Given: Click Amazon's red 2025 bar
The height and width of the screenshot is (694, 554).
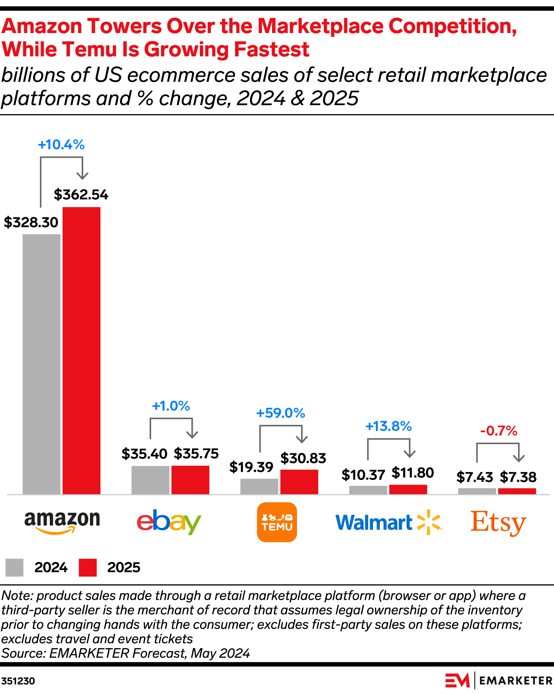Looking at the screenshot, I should (x=81, y=350).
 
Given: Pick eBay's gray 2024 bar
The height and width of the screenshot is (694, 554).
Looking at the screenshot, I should (x=150, y=480).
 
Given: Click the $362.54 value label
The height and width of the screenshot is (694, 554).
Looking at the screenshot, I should (x=81, y=195).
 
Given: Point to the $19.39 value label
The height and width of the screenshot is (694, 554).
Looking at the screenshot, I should (x=251, y=467).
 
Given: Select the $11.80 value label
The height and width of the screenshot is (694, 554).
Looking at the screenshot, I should (x=412, y=473).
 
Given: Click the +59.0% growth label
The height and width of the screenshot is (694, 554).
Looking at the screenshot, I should (x=281, y=413).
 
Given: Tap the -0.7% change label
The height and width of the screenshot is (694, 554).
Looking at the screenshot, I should (x=499, y=431).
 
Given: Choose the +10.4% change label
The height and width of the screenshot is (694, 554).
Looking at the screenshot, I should (x=61, y=145).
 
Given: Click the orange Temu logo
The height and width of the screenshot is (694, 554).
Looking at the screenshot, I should (x=277, y=522).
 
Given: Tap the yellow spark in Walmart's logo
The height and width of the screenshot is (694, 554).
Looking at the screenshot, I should (x=428, y=522).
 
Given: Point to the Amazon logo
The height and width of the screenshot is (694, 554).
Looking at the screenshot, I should (x=62, y=522).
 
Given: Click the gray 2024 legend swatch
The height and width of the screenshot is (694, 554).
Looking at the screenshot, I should (x=14, y=567).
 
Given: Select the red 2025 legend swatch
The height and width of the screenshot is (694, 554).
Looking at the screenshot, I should (x=87, y=567).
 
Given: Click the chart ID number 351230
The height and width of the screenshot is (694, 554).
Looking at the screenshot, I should (x=18, y=681).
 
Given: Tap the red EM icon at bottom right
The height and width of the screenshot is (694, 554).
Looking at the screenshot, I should (x=457, y=680).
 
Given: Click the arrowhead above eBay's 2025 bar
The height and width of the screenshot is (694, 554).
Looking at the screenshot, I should (x=192, y=434).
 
